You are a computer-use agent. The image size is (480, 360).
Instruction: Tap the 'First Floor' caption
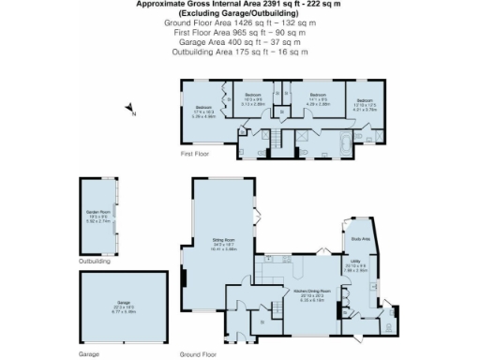pos(196,153)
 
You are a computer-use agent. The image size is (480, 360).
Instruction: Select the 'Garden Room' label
pos(97,213)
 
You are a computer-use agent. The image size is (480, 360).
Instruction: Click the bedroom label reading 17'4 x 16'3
pos(203,112)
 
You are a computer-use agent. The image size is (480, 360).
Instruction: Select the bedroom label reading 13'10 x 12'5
pos(363,103)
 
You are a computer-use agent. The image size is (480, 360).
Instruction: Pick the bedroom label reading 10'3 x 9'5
pos(254,99)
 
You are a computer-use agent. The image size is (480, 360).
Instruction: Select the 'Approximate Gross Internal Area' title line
pos(239,4)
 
